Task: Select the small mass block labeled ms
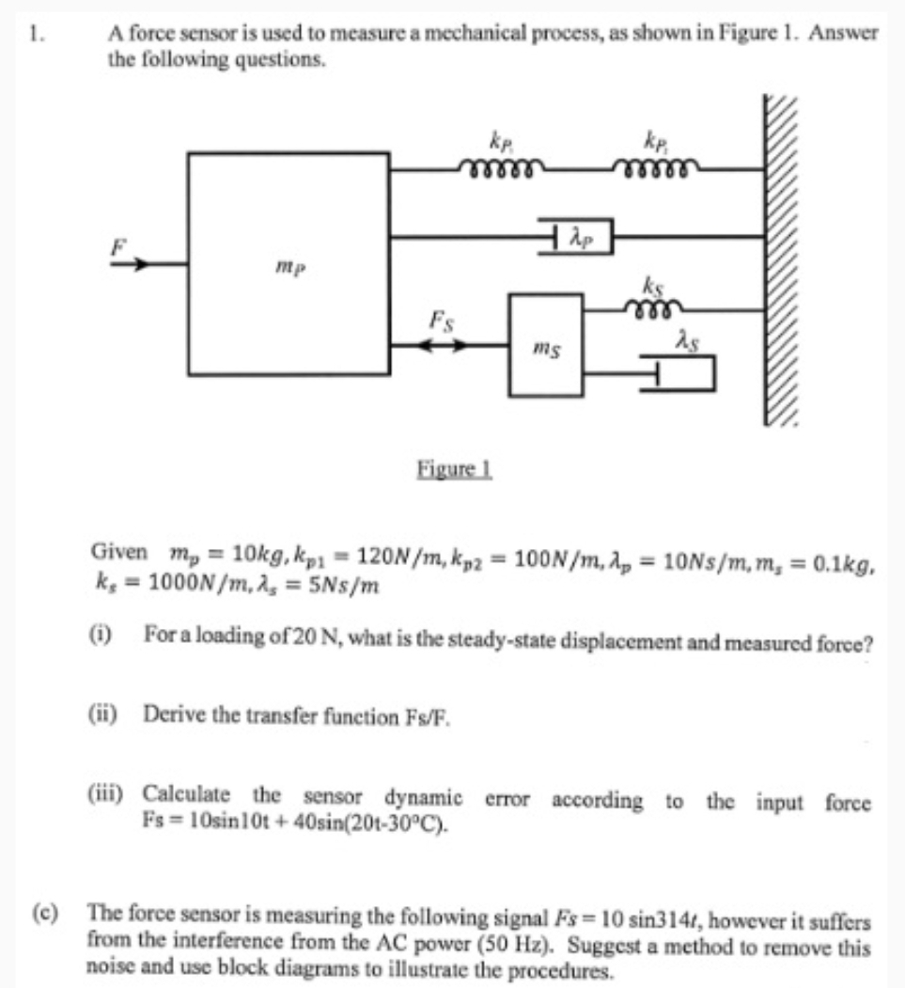[545, 345]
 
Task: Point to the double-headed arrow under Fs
[441, 345]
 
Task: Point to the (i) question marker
[99, 635]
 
